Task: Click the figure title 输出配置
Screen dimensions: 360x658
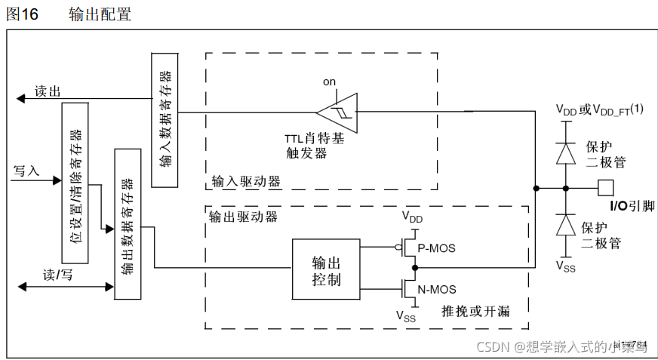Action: tap(100, 14)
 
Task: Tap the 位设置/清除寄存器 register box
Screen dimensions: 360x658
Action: tap(75, 184)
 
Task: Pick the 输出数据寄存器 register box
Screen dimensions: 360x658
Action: tap(127, 223)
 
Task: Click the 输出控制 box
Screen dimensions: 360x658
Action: tap(326, 269)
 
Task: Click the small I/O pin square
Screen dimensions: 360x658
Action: tap(605, 187)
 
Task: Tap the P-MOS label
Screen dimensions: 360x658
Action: tap(437, 248)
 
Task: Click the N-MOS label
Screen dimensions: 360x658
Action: tap(437, 289)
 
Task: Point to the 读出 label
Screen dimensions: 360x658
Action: tap(47, 91)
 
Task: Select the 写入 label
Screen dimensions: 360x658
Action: tap(26, 171)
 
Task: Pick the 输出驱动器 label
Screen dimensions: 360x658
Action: tap(243, 216)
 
